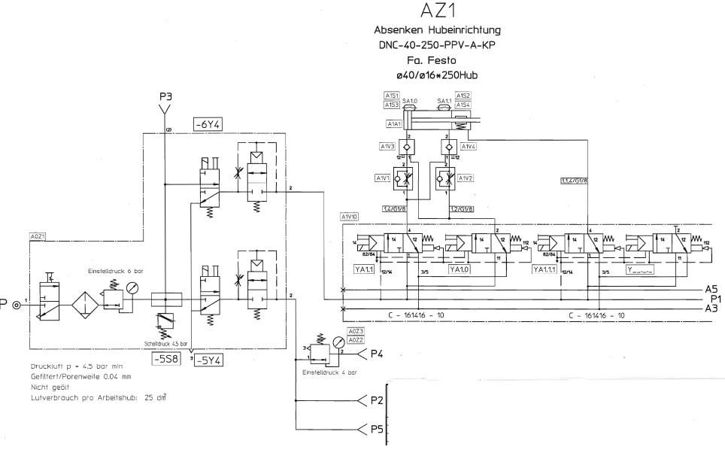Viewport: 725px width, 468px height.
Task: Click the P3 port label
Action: point(165,96)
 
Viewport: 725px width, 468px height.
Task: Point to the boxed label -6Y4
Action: point(206,124)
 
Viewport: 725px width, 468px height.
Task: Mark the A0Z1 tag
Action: point(38,236)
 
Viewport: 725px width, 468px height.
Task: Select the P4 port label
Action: point(377,354)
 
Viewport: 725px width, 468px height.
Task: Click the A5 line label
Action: point(711,289)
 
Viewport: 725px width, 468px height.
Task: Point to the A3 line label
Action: point(711,308)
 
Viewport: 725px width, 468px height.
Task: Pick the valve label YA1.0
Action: point(459,269)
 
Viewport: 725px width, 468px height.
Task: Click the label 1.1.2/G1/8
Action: point(575,181)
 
